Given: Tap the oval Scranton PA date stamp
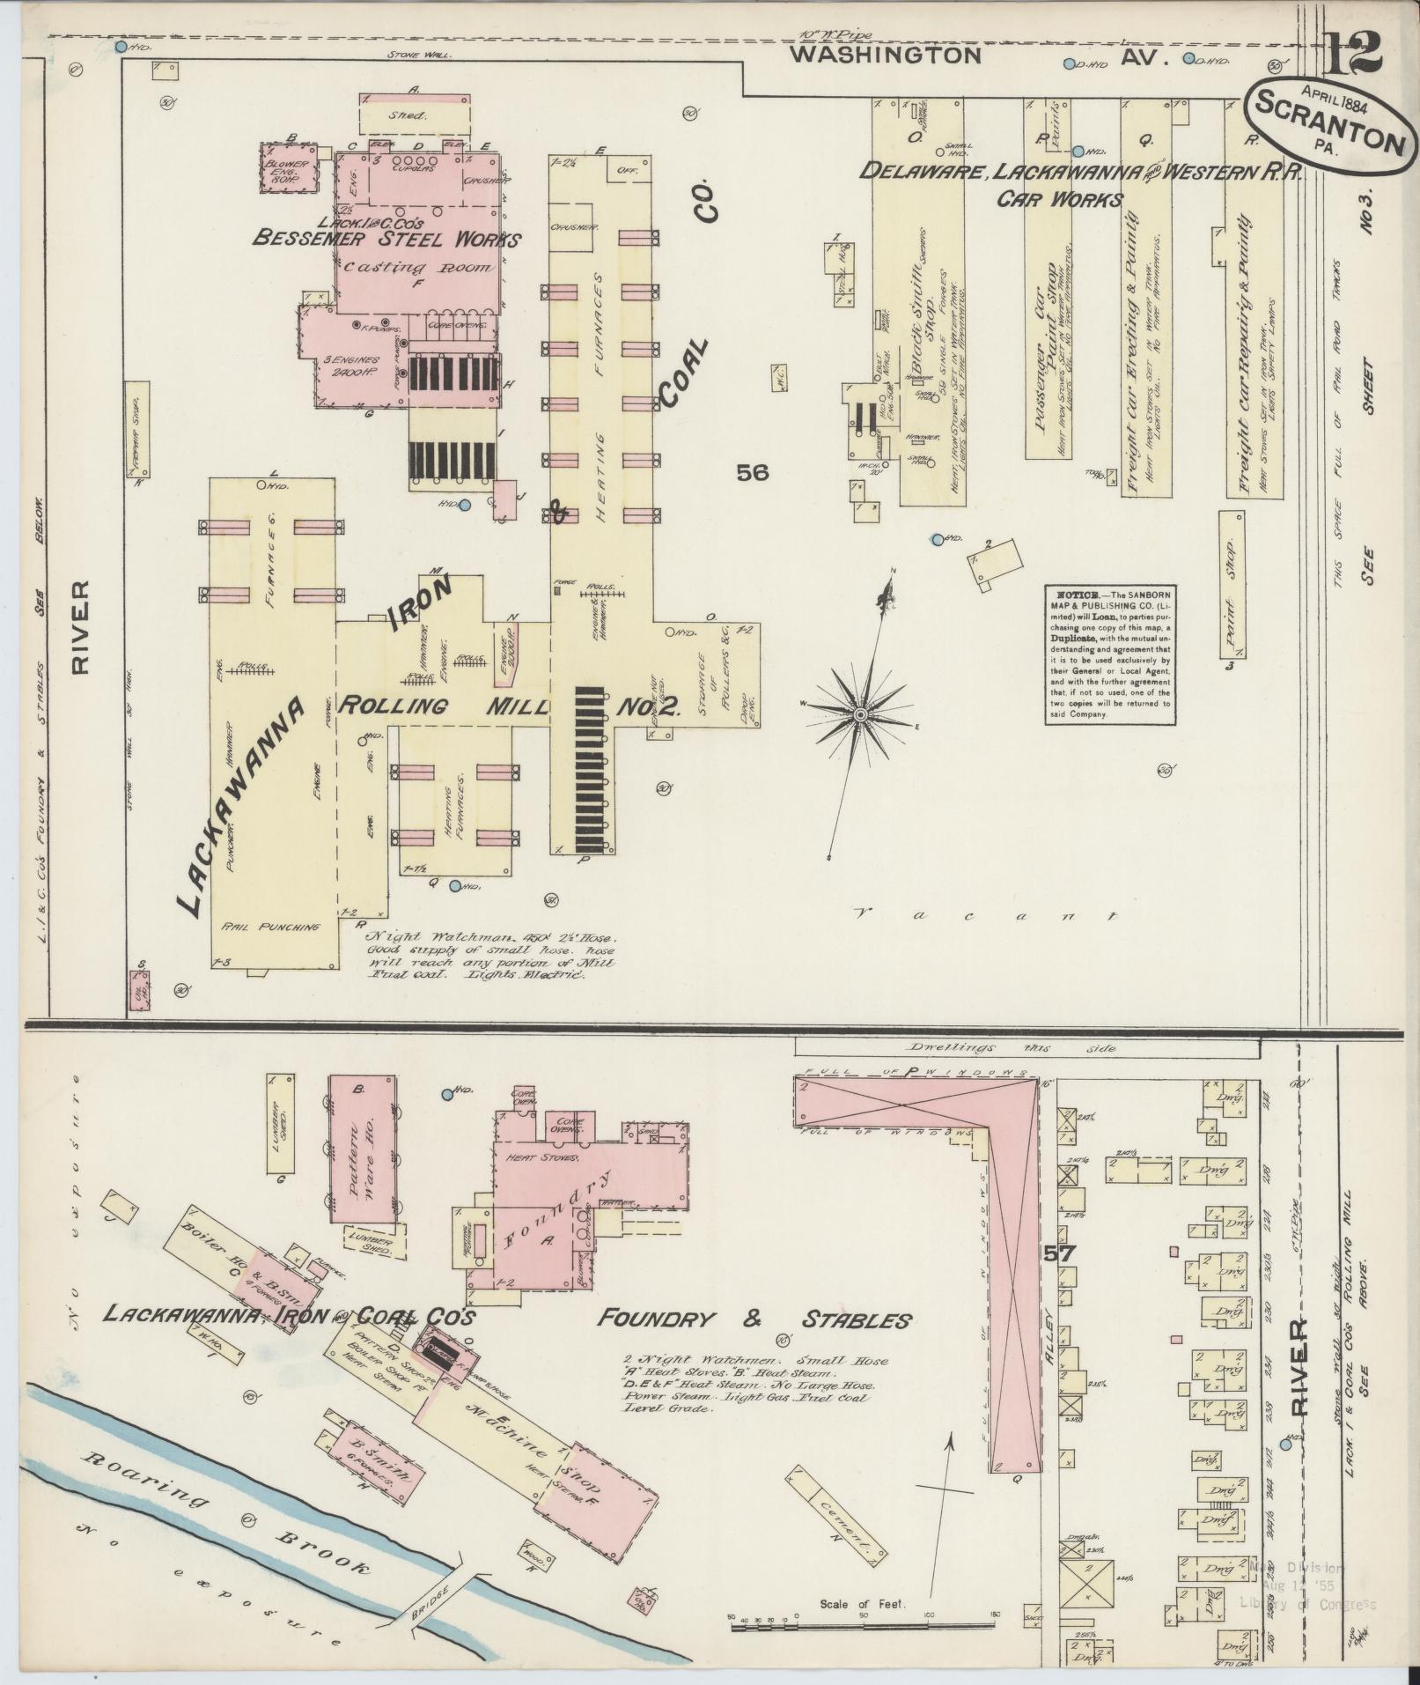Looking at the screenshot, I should pos(1329,123).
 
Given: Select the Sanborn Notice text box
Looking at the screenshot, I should pos(1112,654).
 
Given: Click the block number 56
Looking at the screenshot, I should pos(753,473).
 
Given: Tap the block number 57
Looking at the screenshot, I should pos(1059,1253).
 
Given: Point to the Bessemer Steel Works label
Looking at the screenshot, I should pos(387,238).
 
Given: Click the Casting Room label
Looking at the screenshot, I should pos(417,269).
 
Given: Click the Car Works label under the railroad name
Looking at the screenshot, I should pos(1059,199).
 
